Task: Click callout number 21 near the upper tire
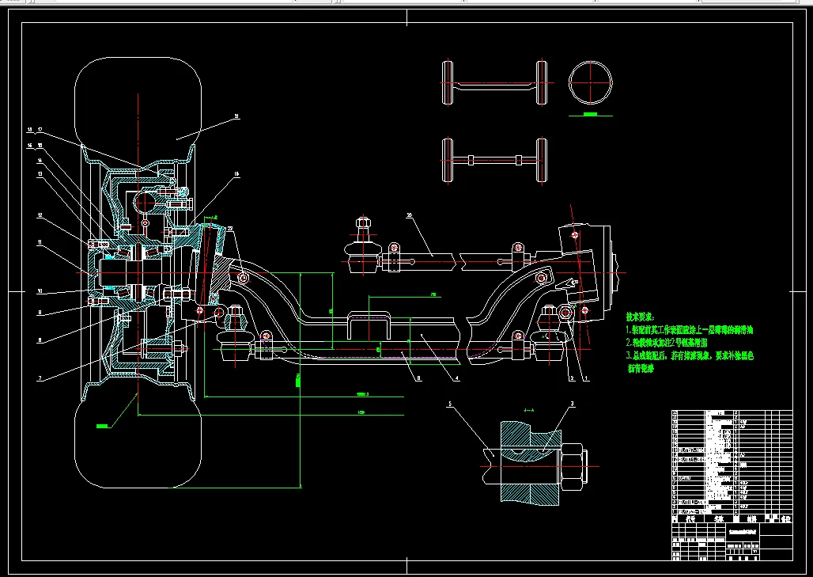tap(236, 116)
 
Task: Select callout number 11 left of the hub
tap(39, 243)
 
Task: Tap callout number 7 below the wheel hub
tap(39, 378)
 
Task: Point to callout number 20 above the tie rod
tap(410, 214)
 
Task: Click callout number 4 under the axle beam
tap(456, 379)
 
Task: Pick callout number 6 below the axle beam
tap(419, 379)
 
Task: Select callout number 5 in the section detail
tap(449, 404)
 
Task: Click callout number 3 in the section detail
tap(572, 404)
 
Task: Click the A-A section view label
tap(529, 412)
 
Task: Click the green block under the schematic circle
tap(588, 115)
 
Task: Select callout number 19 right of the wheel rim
tap(236, 174)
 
